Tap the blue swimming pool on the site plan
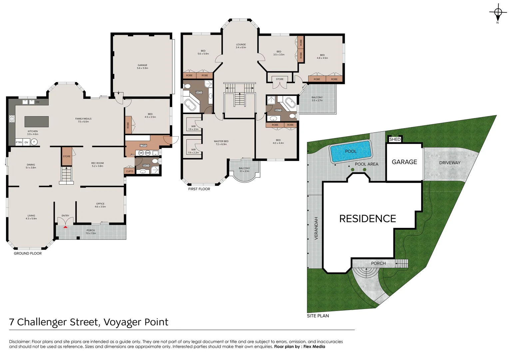click(x=350, y=151)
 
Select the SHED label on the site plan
click(x=395, y=139)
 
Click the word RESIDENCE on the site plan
click(x=367, y=219)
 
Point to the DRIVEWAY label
click(x=449, y=163)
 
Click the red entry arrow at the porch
click(x=66, y=227)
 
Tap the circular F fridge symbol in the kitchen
click(x=34, y=142)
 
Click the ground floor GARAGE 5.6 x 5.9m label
click(x=143, y=67)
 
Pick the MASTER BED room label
click(x=221, y=143)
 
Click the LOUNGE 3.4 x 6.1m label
click(x=241, y=46)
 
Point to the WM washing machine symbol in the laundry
click(x=148, y=153)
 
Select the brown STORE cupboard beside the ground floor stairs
click(x=67, y=156)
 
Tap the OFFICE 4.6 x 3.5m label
click(x=100, y=205)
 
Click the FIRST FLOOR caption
click(x=199, y=189)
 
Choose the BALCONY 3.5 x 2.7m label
click(x=317, y=99)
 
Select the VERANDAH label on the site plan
click(x=316, y=228)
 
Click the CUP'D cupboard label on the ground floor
click(x=130, y=171)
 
